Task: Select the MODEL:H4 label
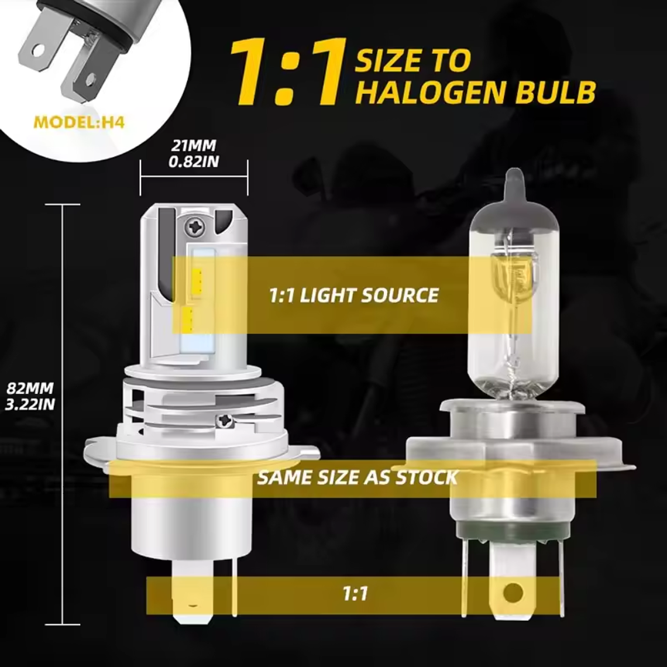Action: click(x=79, y=123)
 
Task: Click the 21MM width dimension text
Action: click(x=193, y=145)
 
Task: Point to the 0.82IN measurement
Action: click(x=193, y=161)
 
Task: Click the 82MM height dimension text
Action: click(x=30, y=387)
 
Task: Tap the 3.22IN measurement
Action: click(x=30, y=404)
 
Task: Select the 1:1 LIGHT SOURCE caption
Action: click(x=353, y=295)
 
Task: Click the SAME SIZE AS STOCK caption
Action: click(x=357, y=477)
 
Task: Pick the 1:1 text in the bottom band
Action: click(x=355, y=594)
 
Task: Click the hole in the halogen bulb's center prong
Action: click(x=513, y=592)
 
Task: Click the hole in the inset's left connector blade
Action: click(x=38, y=50)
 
